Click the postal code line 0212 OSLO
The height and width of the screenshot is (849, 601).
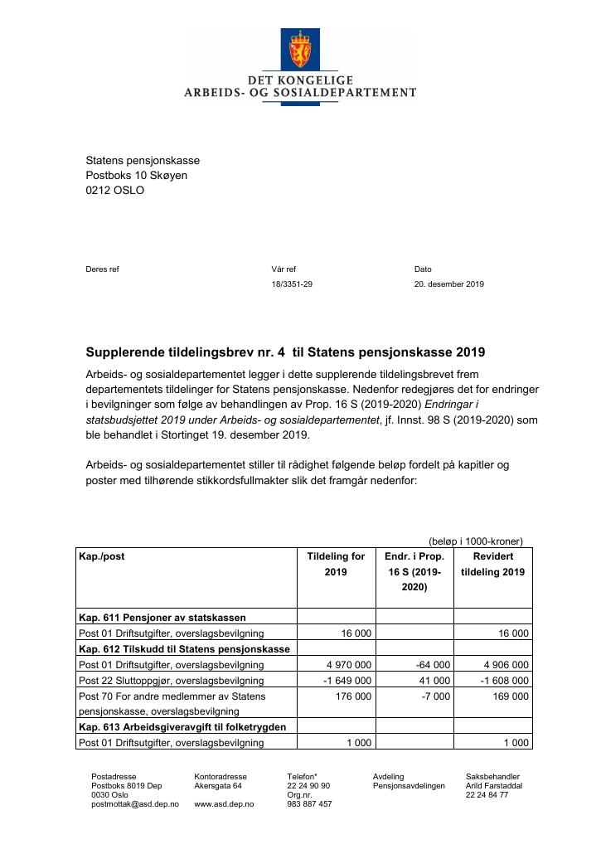click(x=115, y=191)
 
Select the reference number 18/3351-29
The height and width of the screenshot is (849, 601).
click(x=292, y=284)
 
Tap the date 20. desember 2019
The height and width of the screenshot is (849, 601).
click(x=449, y=284)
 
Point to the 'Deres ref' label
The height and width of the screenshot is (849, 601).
click(x=103, y=269)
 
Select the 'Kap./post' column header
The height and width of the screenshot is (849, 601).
click(x=101, y=556)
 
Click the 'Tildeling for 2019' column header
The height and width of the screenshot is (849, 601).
click(x=336, y=564)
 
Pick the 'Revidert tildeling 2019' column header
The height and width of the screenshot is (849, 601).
click(x=492, y=564)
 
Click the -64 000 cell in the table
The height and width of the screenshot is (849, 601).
click(x=432, y=665)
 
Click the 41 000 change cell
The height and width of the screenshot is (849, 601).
click(x=435, y=681)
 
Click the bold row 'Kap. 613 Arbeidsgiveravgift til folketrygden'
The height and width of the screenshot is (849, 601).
click(x=182, y=727)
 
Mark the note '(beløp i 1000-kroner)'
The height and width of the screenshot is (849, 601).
click(x=476, y=541)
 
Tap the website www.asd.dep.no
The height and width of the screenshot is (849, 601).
click(x=224, y=804)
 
